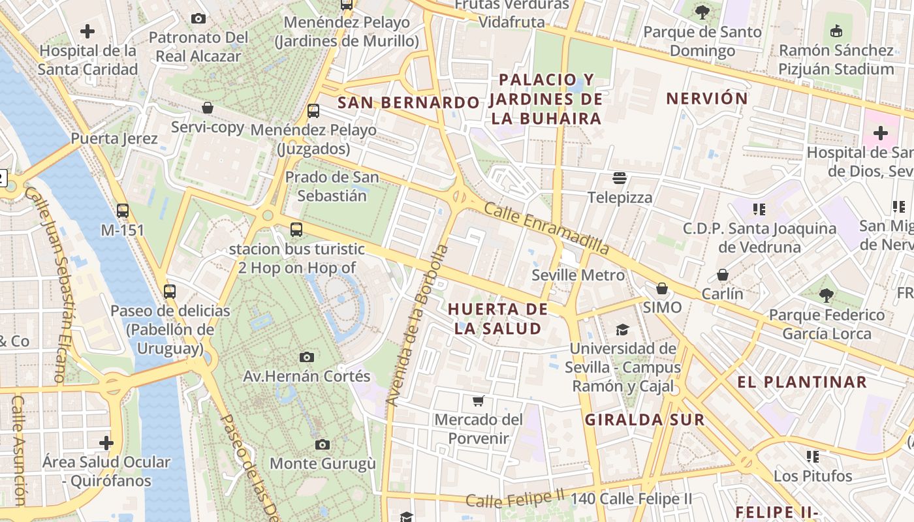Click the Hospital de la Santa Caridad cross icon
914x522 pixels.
click(87, 31)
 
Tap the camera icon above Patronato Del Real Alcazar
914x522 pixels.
click(198, 18)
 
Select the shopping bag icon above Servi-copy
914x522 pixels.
click(208, 108)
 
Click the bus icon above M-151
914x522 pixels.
click(122, 211)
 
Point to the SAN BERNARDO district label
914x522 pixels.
click(408, 102)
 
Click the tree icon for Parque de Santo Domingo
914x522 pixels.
click(702, 12)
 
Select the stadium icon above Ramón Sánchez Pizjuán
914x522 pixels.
click(836, 31)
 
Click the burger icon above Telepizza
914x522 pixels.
click(620, 178)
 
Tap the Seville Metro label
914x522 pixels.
click(578, 275)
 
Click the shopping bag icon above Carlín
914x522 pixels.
click(722, 275)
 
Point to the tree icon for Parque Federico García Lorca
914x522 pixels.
click(827, 296)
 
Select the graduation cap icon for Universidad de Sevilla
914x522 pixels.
click(622, 330)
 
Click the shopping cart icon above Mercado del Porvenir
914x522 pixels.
click(479, 400)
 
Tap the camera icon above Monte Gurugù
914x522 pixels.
click(322, 444)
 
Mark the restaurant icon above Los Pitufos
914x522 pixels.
click(813, 456)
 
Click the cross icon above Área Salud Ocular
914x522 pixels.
click(106, 443)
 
